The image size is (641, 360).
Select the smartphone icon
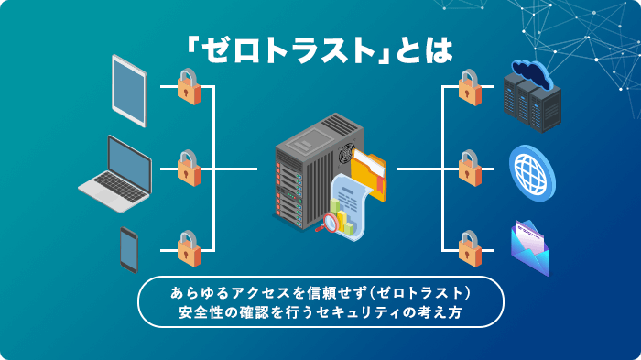pos(129,249)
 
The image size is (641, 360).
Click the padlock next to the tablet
pos(188,88)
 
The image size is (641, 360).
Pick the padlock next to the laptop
pos(188,169)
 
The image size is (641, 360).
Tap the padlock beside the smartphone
pos(188,248)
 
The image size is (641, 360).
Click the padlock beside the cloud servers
pos(468,88)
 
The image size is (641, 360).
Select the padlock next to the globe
pos(468,169)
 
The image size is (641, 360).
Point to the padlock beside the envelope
pos(468,248)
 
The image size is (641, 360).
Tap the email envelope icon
pos(530,249)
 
